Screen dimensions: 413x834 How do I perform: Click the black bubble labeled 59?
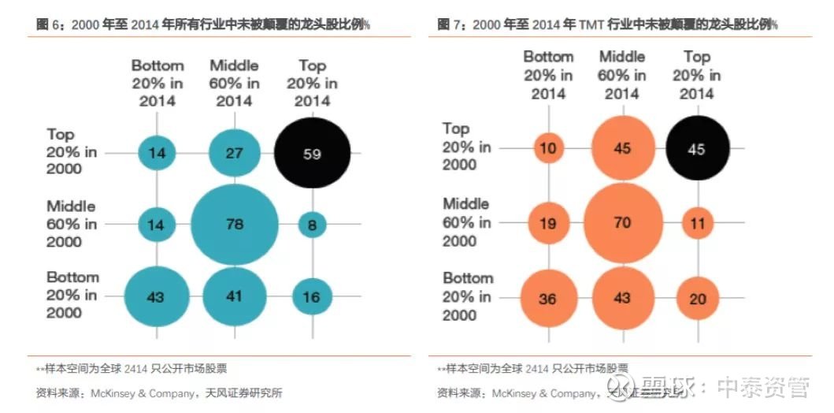coord(312,154)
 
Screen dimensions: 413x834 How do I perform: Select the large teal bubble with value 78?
coord(235,225)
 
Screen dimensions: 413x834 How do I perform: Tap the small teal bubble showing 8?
coord(312,225)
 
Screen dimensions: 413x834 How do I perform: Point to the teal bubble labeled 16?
coord(312,296)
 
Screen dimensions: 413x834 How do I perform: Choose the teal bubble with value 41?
coord(235,296)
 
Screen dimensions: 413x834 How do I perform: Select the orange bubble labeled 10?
coord(548,148)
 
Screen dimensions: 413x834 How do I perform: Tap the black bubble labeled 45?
coord(696,148)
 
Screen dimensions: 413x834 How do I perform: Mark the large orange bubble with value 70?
coord(622,223)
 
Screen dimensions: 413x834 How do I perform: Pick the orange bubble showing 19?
coord(548,223)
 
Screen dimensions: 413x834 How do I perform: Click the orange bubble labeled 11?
coord(696,223)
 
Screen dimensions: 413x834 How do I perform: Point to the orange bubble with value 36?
coord(548,299)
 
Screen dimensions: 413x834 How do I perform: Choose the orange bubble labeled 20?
coord(696,299)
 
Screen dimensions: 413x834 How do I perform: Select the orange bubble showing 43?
coord(622,299)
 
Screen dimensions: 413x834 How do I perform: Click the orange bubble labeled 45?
coord(622,148)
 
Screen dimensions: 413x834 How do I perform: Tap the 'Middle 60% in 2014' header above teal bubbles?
coord(235,84)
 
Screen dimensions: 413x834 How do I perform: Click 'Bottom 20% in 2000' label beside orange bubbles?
coord(468,297)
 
